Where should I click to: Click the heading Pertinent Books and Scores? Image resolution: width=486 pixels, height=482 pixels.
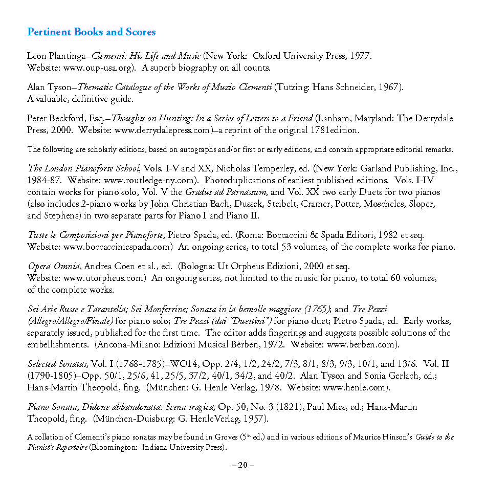click(x=91, y=32)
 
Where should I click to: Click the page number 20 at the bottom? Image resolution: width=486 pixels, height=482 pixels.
click(x=242, y=465)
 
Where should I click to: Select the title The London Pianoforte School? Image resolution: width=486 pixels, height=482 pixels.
click(x=84, y=168)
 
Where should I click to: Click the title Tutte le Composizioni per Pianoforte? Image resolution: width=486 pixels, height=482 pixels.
click(x=96, y=235)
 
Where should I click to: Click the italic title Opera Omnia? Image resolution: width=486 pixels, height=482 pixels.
click(x=55, y=267)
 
